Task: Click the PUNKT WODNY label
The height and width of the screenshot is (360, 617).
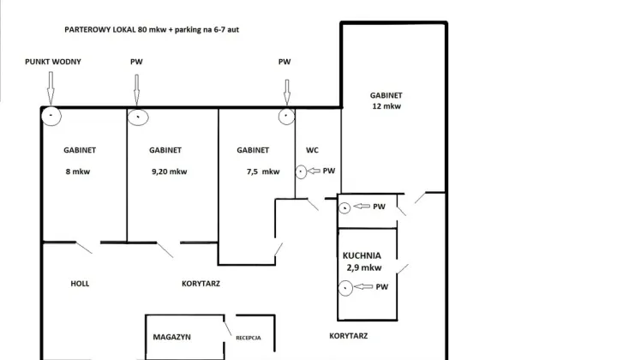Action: [x=53, y=62]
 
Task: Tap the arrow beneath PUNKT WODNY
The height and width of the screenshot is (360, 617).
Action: [x=51, y=88]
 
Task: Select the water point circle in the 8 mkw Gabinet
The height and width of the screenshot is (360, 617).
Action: [x=51, y=116]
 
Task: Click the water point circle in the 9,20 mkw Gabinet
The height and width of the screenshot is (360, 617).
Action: [x=138, y=117]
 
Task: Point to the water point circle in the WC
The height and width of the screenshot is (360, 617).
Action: [x=301, y=171]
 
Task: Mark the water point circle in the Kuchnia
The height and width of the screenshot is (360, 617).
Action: [x=345, y=288]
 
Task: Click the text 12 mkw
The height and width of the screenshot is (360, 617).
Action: [x=386, y=106]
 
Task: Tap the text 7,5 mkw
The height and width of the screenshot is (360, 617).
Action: [x=263, y=171]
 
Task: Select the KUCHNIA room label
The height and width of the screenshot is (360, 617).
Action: [x=362, y=255]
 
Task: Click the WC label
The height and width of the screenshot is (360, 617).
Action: [x=312, y=150]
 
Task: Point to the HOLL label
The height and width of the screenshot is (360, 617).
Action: [x=80, y=284]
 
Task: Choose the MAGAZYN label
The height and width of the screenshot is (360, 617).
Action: [x=172, y=337]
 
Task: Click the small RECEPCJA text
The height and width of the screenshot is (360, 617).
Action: [x=249, y=338]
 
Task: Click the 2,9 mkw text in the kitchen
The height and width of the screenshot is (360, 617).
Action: [x=364, y=268]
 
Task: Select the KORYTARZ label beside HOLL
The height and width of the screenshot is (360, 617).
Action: [x=201, y=284]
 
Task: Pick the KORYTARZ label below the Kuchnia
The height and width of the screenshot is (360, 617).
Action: [x=349, y=336]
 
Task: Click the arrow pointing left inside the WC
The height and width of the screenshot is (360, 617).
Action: [x=314, y=171]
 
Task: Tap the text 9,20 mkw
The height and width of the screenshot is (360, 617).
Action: [x=169, y=171]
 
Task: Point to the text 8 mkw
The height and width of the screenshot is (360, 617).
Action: [x=78, y=171]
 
